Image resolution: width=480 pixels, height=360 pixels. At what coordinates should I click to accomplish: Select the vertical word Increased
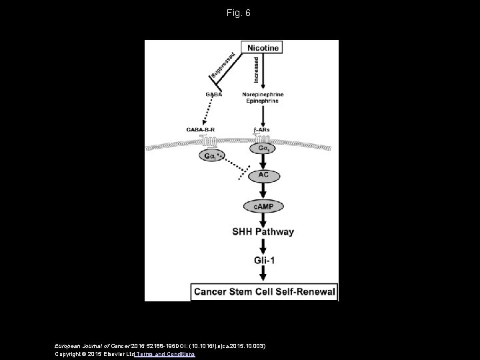pyautogui.click(x=257, y=69)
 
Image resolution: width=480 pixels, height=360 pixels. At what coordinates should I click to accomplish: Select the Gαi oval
pyautogui.click(x=212, y=155)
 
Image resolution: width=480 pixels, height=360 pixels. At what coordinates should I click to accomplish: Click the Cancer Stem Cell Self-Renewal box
pyautogui.click(x=265, y=291)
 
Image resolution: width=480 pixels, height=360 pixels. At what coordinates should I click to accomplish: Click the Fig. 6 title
pyautogui.click(x=239, y=13)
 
